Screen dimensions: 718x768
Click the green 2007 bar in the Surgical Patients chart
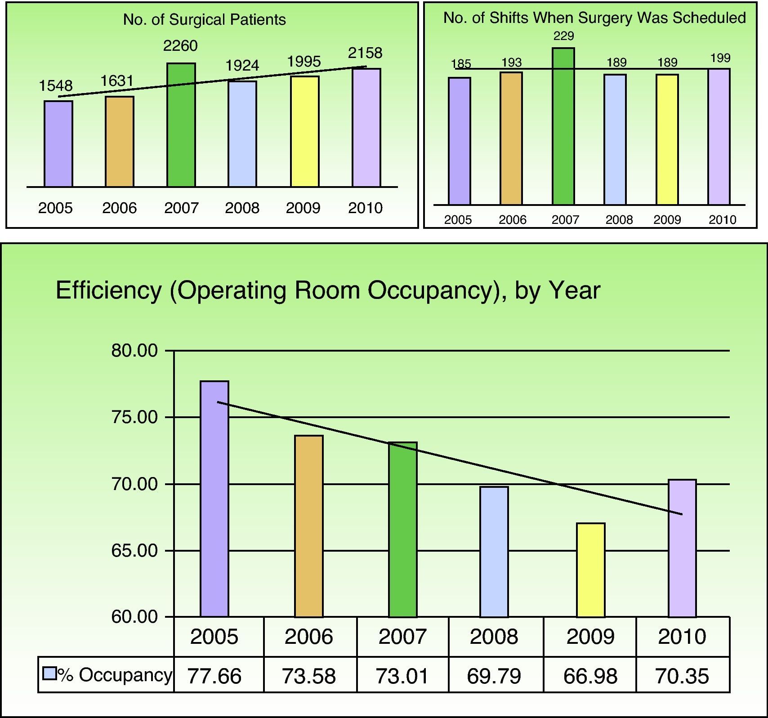click(181, 125)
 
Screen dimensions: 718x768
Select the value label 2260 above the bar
click(180, 46)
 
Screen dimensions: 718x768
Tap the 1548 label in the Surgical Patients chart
click(56, 85)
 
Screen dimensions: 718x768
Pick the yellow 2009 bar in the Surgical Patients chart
click(304, 131)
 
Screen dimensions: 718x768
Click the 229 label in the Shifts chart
click(563, 36)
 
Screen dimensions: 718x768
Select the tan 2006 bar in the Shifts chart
click(511, 138)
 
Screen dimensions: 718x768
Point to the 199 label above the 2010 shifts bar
click(720, 58)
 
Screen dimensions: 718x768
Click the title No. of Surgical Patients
click(205, 20)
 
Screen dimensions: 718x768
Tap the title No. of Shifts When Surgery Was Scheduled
click(594, 18)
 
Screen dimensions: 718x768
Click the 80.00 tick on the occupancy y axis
click(135, 351)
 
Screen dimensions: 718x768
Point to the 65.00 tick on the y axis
click(135, 551)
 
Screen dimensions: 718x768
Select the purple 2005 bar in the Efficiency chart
click(214, 499)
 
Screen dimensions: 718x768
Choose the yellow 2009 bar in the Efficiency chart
click(591, 570)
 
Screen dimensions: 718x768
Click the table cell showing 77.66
click(214, 676)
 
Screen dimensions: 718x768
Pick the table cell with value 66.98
click(590, 676)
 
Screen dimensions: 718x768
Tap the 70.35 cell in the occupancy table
click(683, 676)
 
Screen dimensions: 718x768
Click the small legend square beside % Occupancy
click(49, 673)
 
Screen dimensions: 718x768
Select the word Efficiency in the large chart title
click(108, 290)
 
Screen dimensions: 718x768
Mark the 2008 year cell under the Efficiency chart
click(494, 637)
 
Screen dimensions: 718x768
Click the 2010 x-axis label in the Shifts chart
click(723, 220)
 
